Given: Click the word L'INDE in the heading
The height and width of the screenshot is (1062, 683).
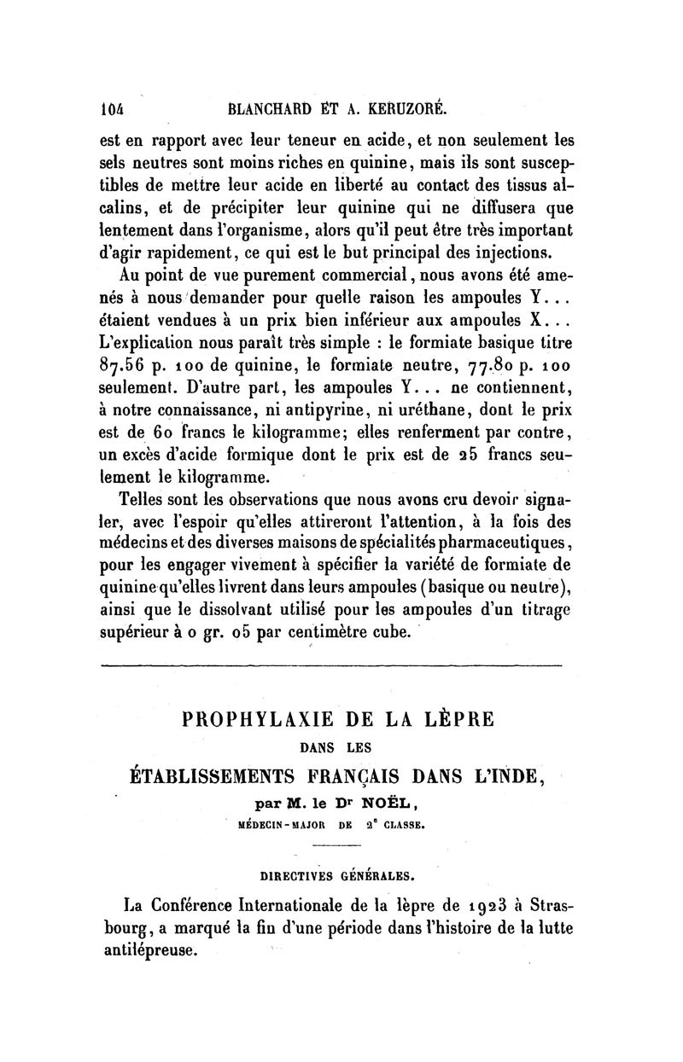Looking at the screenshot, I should coord(503,776).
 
